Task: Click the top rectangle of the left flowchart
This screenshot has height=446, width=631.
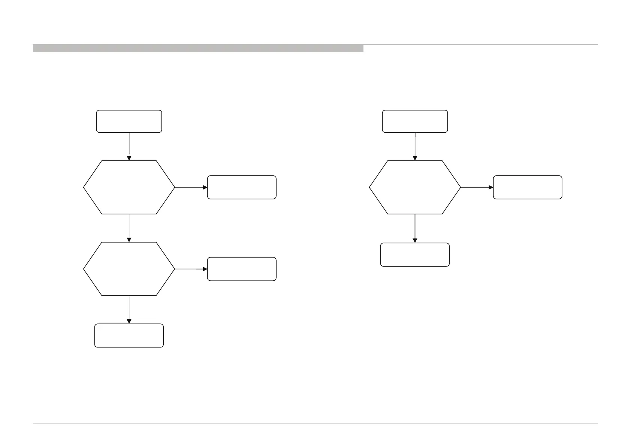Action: pyautogui.click(x=129, y=121)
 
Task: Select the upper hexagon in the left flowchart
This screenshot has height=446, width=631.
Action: pyautogui.click(x=129, y=187)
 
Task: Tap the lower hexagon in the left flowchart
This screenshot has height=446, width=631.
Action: pyautogui.click(x=129, y=269)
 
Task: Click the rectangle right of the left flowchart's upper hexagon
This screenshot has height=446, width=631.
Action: pyautogui.click(x=242, y=187)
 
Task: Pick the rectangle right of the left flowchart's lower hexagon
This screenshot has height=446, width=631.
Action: pyautogui.click(x=242, y=269)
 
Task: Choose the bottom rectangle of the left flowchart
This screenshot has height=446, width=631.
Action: pyautogui.click(x=129, y=335)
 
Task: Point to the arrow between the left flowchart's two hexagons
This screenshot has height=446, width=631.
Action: pyautogui.click(x=129, y=228)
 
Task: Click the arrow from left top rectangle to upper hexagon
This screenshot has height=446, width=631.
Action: pyautogui.click(x=129, y=146)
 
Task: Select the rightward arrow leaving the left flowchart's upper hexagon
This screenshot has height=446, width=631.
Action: pyautogui.click(x=191, y=187)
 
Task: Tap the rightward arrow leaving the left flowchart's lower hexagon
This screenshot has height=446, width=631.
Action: pyautogui.click(x=191, y=269)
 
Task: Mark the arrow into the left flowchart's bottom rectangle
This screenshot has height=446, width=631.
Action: pyautogui.click(x=129, y=310)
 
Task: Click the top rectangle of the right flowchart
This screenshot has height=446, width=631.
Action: pyautogui.click(x=415, y=121)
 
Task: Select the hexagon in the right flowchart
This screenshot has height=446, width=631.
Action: pyautogui.click(x=415, y=187)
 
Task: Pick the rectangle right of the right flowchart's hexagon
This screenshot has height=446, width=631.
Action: pyautogui.click(x=528, y=187)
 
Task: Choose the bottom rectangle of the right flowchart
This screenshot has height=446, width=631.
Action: pyautogui.click(x=415, y=254)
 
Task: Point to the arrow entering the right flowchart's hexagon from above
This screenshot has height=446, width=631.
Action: pyautogui.click(x=415, y=146)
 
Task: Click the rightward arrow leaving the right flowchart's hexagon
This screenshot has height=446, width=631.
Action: pyautogui.click(x=477, y=187)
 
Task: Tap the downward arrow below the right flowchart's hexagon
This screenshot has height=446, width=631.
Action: pyautogui.click(x=415, y=228)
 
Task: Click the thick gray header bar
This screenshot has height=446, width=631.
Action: pyautogui.click(x=198, y=48)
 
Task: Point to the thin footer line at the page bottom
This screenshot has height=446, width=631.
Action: pyautogui.click(x=315, y=424)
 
